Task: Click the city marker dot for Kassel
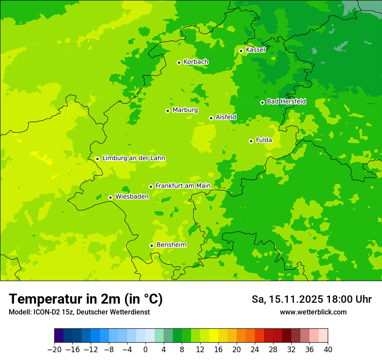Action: click(241, 51)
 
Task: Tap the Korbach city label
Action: click(196, 62)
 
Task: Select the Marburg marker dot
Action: click(168, 111)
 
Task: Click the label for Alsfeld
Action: click(226, 117)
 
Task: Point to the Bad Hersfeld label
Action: click(286, 101)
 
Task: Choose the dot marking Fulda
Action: click(251, 141)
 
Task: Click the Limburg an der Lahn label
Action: click(133, 158)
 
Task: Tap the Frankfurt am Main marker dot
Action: click(151, 187)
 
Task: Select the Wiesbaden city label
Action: click(132, 196)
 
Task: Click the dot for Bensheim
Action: click(151, 245)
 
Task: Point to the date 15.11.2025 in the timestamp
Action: click(296, 299)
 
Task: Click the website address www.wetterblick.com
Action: click(313, 312)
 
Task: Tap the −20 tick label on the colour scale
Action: click(54, 350)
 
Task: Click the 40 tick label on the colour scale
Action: click(328, 350)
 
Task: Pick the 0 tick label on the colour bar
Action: click(145, 350)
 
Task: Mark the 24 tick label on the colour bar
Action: click(255, 350)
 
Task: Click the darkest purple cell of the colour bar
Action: click(59, 336)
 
